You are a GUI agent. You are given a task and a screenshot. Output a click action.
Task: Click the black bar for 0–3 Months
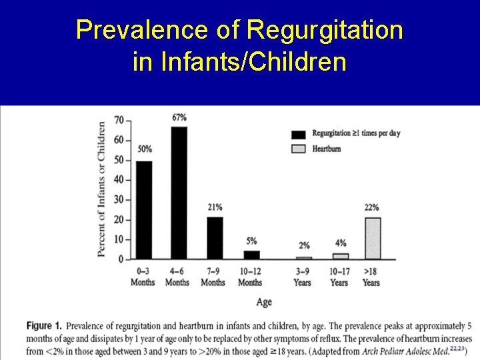pos(144,210)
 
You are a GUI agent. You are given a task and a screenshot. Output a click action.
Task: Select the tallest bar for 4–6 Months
pos(179,193)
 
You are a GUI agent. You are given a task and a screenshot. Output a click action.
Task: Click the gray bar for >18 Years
pos(373,238)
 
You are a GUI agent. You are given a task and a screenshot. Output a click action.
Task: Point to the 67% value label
pos(179,118)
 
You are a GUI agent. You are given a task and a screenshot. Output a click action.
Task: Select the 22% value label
pos(371,208)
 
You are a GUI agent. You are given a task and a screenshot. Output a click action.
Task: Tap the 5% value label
pos(251,241)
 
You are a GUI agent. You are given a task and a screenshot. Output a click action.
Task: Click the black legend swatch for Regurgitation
pos(299,133)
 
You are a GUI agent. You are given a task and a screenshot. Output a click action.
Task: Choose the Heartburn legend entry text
pos(326,149)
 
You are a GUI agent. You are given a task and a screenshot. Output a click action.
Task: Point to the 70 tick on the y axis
pos(119,121)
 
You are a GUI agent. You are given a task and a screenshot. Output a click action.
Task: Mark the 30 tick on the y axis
pos(119,200)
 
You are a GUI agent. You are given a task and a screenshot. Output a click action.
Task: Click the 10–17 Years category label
pos(339,277)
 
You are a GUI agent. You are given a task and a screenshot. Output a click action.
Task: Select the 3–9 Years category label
pos(302,277)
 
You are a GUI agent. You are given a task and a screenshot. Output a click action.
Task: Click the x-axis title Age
pos(264,302)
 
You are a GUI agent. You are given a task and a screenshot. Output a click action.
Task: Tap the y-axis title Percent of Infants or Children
pos(101,189)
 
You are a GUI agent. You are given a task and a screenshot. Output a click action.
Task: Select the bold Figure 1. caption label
pos(44,326)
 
